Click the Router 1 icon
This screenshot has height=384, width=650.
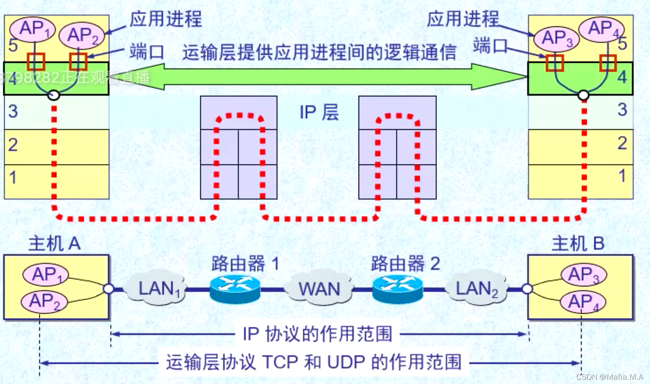[x=235, y=288]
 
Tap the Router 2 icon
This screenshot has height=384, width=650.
[x=397, y=288]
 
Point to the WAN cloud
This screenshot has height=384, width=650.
[x=318, y=288]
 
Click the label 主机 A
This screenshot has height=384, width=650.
[x=54, y=244]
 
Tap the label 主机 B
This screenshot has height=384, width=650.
[x=578, y=244]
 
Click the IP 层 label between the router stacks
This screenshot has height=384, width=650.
[x=319, y=112]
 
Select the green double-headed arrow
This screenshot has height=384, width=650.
[x=318, y=77]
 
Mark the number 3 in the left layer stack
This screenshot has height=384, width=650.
[x=13, y=112]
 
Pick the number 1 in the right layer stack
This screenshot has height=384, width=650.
[x=622, y=176]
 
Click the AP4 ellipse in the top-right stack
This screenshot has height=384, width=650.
[x=601, y=29]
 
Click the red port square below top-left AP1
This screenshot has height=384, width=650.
[x=36, y=62]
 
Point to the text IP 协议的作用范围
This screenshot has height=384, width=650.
[x=317, y=334]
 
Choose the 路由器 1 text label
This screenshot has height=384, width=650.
[x=245, y=264]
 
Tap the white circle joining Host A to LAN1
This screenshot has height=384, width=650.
[x=108, y=288]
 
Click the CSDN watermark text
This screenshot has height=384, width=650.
[x=609, y=377]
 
